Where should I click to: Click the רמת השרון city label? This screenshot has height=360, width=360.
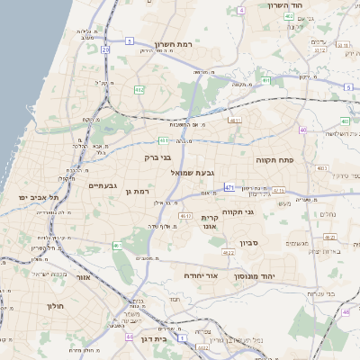click(175, 44)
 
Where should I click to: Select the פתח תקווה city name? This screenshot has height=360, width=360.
click(293, 159)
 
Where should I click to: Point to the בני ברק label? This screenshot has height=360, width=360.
click(157, 157)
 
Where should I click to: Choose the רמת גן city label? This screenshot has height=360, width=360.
click(136, 191)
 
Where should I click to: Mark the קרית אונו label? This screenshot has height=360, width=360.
click(210, 222)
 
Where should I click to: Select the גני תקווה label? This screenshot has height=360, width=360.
click(262, 212)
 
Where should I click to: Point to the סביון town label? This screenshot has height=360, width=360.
click(249, 242)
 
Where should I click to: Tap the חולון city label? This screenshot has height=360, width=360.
click(56, 306)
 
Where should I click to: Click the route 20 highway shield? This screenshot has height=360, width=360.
click(105, 49)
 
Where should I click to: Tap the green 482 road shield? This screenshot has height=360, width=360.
click(139, 90)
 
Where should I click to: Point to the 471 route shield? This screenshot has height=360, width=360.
click(229, 187)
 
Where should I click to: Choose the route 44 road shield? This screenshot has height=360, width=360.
click(130, 336)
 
